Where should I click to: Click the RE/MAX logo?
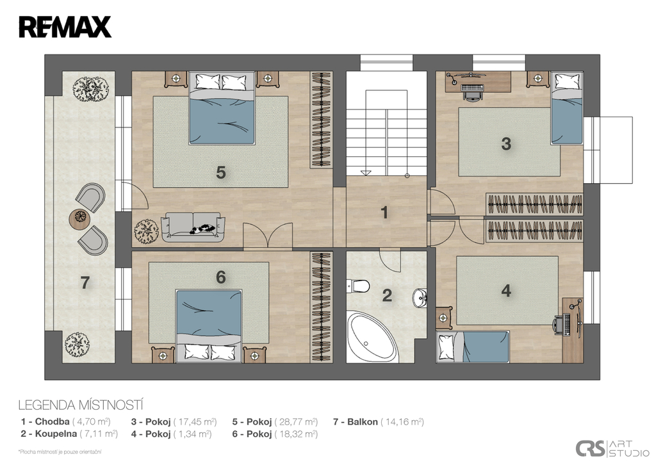pos(65,27)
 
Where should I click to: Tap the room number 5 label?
pos(221,172)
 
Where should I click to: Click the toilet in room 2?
pos(358,286)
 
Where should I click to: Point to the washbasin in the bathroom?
pos(419,298)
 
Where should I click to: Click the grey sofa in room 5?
pos(193,227)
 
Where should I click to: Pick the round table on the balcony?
pos(80,218)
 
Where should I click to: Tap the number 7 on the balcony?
pos(85,283)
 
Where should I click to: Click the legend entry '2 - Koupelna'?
pos(49,434)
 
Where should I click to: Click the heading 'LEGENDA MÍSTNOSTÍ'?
pos(81,405)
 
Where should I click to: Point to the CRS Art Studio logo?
pos(612,448)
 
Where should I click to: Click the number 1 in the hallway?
pos(384,213)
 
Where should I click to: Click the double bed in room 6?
pos(209,326)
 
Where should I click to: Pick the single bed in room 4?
pos(473,346)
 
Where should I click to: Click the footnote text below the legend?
pos(60,451)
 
